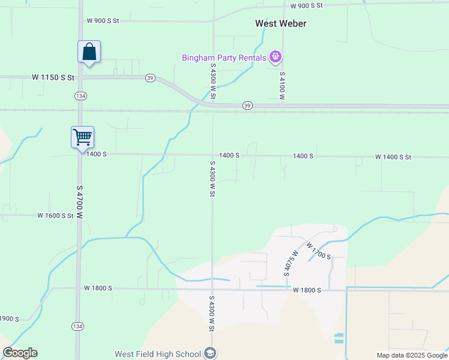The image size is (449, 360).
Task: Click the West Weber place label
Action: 280,23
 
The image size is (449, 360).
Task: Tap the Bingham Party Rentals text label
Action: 224,58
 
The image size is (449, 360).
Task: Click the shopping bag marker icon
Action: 89,52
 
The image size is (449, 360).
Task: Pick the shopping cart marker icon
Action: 82,137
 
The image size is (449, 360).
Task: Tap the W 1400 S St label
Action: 393,157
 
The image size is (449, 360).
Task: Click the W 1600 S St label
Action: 55,215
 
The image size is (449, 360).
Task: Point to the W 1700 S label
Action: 319,251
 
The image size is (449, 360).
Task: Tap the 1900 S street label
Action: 10,319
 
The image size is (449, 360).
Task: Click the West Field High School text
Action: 158,353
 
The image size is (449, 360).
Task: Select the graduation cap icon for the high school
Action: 209,353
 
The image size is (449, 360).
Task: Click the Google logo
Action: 20,353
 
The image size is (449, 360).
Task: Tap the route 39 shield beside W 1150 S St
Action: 150,78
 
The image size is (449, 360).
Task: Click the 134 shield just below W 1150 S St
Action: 80,95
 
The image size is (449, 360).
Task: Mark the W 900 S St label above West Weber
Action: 306,5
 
